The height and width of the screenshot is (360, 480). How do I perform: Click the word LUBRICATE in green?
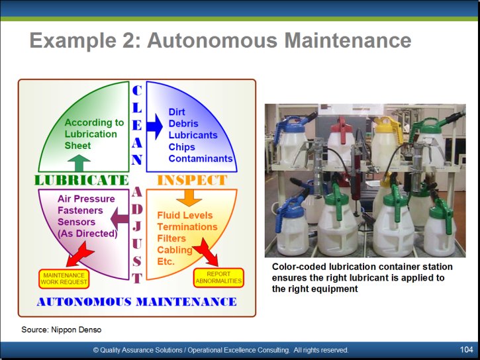click(x=81, y=180)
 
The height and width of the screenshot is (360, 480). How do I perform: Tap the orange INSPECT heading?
click(x=192, y=180)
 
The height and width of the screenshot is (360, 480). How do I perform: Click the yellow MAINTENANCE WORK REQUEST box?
click(x=64, y=279)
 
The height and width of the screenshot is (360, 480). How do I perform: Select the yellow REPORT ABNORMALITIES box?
click(x=218, y=277)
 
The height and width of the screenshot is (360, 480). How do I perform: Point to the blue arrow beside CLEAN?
click(x=154, y=126)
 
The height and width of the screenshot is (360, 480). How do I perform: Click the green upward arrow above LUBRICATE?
click(x=79, y=163)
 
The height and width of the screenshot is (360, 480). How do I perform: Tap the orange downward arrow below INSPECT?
click(x=189, y=198)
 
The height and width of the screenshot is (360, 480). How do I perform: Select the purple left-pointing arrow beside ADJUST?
click(x=119, y=218)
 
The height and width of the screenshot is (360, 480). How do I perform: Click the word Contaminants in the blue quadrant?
click(x=201, y=158)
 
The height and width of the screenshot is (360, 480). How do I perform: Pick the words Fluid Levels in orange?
click(x=185, y=215)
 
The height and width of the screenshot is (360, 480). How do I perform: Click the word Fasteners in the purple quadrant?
click(x=80, y=210)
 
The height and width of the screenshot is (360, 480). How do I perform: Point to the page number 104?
click(x=466, y=349)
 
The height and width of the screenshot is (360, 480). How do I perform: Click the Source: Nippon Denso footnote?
click(x=61, y=330)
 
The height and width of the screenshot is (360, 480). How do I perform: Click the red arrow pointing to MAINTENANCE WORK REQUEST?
click(x=80, y=254)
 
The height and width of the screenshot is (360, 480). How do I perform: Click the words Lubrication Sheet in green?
click(x=91, y=140)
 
